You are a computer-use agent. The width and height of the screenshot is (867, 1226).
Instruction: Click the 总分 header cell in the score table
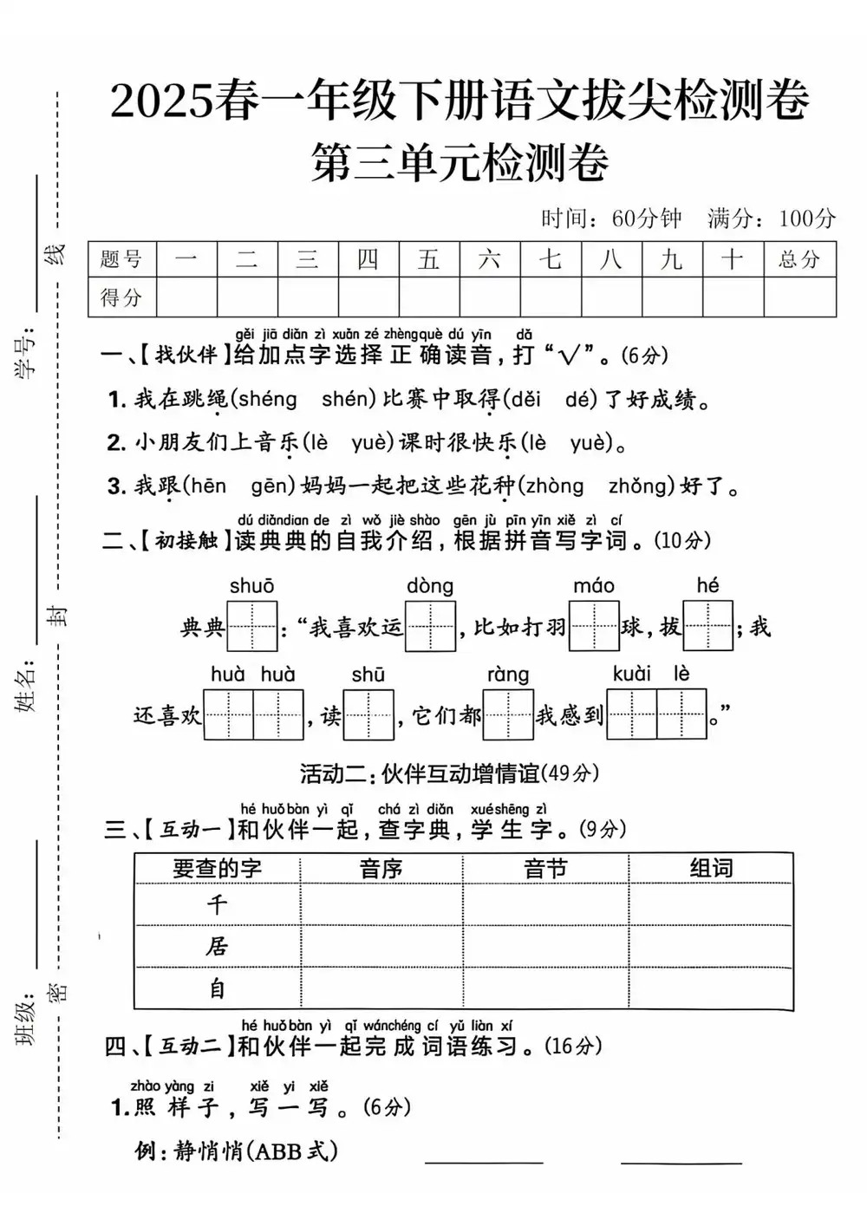799,259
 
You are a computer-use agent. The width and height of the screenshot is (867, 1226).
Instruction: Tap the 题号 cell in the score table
121,259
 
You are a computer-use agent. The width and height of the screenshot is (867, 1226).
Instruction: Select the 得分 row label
121,297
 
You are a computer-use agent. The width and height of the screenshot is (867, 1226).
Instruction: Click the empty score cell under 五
429,297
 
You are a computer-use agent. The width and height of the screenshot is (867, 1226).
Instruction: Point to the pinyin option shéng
267,399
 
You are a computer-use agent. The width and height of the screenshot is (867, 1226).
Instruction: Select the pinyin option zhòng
555,486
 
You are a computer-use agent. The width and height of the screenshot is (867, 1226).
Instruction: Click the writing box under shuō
251,626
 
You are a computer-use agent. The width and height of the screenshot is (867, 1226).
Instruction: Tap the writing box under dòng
430,626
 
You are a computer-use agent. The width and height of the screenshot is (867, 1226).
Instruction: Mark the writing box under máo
594,626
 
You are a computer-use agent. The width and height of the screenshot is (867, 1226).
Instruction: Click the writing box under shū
368,714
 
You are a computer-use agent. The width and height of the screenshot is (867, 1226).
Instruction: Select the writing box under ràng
508,714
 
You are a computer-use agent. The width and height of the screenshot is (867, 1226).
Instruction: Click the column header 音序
381,869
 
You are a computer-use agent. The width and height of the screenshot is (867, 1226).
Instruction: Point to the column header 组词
711,869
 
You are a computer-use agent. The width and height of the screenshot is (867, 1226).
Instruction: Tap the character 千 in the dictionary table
217,905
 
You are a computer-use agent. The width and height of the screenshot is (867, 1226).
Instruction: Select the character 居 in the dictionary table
217,946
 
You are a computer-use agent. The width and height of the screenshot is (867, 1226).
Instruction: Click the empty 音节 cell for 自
545,988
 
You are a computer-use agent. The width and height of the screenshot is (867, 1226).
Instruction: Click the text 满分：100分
771,218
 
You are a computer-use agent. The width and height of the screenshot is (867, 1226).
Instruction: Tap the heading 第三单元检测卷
460,162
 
